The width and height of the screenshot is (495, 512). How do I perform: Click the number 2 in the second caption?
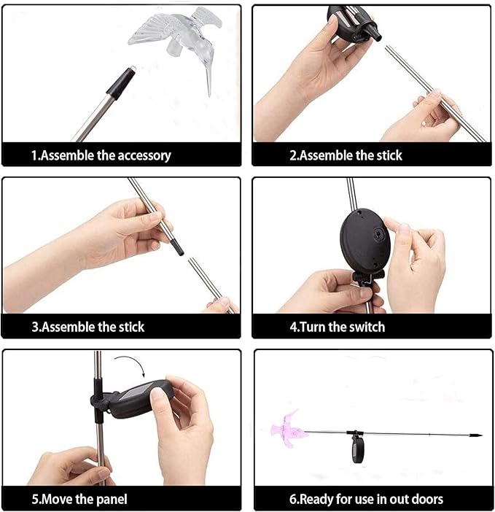click(x=292, y=155)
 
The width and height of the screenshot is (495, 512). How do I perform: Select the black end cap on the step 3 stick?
click(x=177, y=247)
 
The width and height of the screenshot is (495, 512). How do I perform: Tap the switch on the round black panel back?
click(x=378, y=234)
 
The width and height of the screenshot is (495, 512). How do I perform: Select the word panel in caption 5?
click(x=111, y=500)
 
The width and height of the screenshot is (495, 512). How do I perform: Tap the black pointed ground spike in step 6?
click(x=476, y=435)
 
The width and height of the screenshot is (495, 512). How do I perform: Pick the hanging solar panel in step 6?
click(x=356, y=451)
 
